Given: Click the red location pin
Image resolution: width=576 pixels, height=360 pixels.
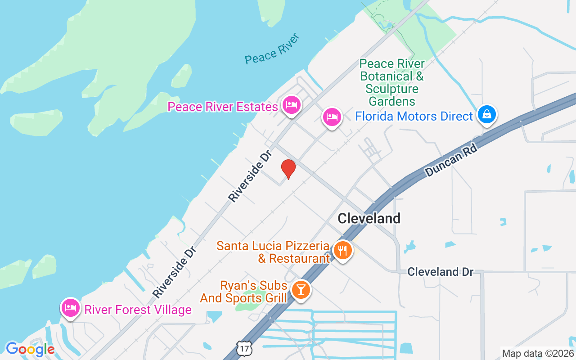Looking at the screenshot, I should [x=288, y=169].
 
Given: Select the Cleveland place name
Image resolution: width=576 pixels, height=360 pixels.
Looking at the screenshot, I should [x=369, y=219].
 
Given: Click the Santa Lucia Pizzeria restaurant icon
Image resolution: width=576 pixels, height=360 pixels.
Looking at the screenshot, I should [x=343, y=250].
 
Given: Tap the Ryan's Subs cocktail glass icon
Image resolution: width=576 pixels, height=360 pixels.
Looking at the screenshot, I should [x=301, y=289].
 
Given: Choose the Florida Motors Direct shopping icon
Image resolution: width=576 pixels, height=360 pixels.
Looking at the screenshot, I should [x=486, y=114].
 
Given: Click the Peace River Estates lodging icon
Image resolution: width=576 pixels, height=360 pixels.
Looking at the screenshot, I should [x=292, y=105].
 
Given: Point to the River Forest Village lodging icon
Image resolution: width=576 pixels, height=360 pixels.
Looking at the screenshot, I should [x=71, y=308].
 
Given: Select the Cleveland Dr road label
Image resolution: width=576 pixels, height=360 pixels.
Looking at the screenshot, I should [x=441, y=272].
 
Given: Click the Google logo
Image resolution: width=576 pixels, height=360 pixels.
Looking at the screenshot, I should [x=30, y=349].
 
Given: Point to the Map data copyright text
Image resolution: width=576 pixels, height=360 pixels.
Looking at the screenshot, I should [x=538, y=353].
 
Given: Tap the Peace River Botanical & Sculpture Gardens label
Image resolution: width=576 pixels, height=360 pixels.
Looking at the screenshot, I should [x=392, y=82].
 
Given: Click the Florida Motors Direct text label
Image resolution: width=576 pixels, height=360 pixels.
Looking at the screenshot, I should [x=414, y=117].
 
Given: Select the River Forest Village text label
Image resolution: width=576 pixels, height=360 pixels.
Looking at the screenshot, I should [x=138, y=310].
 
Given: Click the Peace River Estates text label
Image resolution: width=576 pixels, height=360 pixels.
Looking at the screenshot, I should [x=222, y=107].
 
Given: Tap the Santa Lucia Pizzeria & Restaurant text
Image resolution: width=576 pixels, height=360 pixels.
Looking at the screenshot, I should [x=273, y=252].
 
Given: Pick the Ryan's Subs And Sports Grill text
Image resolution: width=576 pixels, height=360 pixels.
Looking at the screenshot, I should [x=244, y=292].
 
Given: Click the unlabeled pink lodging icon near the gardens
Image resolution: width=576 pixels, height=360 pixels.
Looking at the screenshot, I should [x=332, y=117].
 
